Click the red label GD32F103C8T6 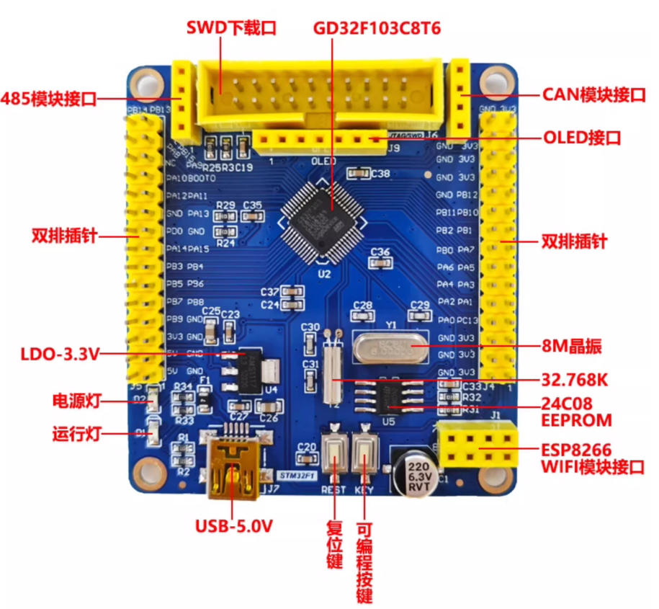tap(377, 28)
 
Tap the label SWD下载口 tap(232, 28)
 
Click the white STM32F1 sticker tap(297, 476)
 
